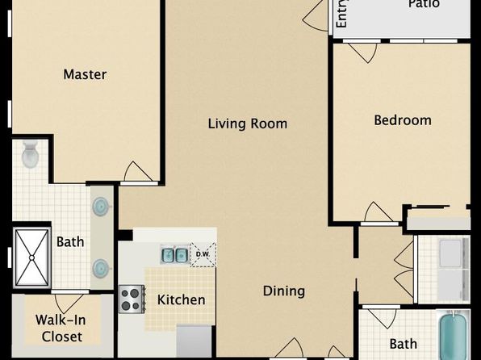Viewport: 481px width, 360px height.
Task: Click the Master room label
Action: [x=85, y=74]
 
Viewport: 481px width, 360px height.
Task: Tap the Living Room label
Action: [x=248, y=123]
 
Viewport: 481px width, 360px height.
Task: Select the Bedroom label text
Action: [x=403, y=120]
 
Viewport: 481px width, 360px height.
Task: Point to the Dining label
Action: [x=284, y=291]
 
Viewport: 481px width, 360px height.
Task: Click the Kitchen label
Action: [x=182, y=299]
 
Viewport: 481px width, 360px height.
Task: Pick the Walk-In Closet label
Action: [x=61, y=328]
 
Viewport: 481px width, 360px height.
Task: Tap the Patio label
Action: [x=425, y=4]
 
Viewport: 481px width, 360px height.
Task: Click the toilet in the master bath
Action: [x=30, y=154]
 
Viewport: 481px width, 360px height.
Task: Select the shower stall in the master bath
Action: [x=32, y=257]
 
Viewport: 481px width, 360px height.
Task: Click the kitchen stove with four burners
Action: [x=132, y=299]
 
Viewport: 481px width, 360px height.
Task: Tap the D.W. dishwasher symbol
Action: [x=203, y=254]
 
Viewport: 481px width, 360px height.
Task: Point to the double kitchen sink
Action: [x=175, y=254]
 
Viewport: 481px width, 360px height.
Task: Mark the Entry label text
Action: [x=341, y=14]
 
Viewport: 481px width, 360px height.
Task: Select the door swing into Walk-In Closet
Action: [x=69, y=303]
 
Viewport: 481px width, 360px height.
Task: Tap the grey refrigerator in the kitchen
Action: [x=194, y=341]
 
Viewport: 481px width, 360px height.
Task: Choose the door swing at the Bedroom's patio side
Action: [x=362, y=52]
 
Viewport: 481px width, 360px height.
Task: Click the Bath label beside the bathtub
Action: [x=403, y=344]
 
